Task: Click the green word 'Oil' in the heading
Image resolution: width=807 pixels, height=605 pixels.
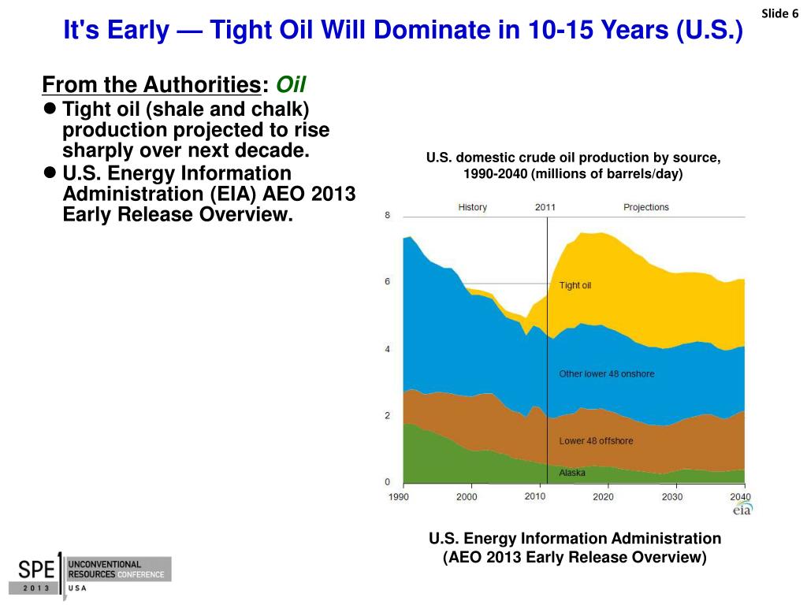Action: click(x=289, y=84)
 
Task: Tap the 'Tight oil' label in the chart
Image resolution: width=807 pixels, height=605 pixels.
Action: click(x=575, y=285)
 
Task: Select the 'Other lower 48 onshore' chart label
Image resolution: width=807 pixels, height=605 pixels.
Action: click(x=606, y=373)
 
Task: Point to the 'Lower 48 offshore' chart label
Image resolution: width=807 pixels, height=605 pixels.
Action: click(x=596, y=441)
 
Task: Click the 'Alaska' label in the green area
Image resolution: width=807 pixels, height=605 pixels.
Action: click(x=572, y=473)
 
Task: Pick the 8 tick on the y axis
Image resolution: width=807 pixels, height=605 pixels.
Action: click(x=387, y=216)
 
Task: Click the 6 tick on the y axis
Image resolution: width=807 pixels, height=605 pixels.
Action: click(x=387, y=282)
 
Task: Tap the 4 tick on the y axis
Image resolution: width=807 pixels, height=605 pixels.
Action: click(x=387, y=349)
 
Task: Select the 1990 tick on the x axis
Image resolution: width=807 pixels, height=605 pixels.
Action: click(x=399, y=497)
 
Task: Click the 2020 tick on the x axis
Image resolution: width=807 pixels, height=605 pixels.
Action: click(x=603, y=497)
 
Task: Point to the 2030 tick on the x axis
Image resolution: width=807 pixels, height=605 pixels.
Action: click(x=672, y=497)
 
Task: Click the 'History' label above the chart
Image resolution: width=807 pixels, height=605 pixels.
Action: click(x=473, y=207)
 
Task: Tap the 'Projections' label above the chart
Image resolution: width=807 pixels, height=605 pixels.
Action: click(x=645, y=207)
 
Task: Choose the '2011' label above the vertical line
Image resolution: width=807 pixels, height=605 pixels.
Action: click(x=545, y=207)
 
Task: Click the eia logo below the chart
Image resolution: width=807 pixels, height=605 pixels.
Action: click(x=742, y=509)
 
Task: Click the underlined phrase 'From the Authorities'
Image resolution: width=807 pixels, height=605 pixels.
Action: click(x=151, y=84)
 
